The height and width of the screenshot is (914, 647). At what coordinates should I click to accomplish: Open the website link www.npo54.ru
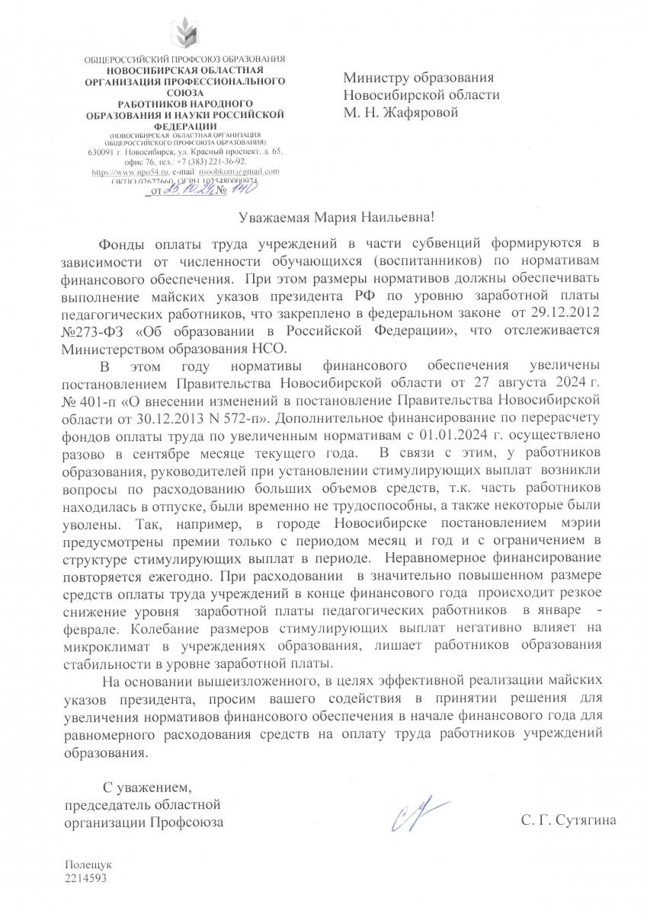click(117, 171)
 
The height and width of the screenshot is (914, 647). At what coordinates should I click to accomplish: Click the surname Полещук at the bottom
click(88, 866)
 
